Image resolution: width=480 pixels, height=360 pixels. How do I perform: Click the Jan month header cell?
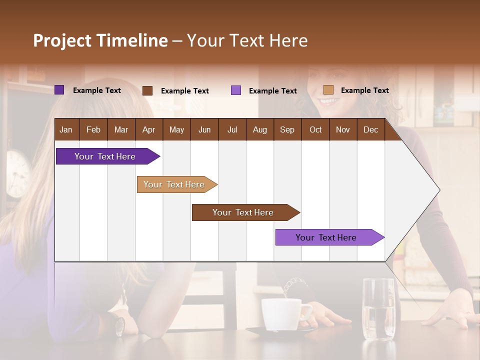click(x=66, y=129)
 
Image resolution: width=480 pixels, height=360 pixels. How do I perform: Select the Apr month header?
click(x=148, y=129)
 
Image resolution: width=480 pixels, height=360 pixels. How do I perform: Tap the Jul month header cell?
click(x=232, y=129)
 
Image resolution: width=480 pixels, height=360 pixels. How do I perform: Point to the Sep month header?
click(x=287, y=129)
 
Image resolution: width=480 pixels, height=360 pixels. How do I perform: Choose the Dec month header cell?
click(x=370, y=129)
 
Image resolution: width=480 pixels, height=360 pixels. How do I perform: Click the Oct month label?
click(x=315, y=129)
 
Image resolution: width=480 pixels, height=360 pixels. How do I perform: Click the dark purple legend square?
click(x=59, y=90)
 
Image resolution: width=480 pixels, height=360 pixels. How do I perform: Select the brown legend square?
click(x=147, y=90)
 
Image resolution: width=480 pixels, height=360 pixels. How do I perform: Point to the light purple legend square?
click(x=236, y=90)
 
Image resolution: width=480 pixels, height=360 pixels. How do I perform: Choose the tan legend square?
click(x=328, y=90)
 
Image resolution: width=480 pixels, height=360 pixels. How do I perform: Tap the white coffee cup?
click(x=283, y=314)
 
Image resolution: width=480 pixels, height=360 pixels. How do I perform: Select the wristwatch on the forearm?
click(x=120, y=326)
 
